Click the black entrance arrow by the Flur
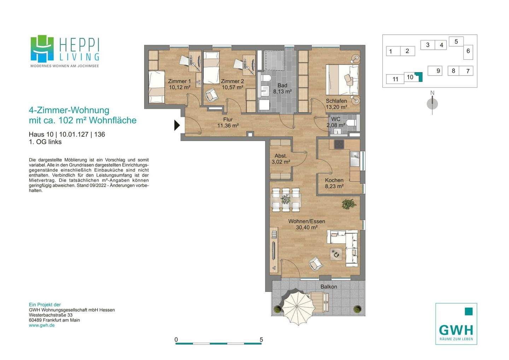click(x=177, y=125)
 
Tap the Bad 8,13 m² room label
click(x=282, y=89)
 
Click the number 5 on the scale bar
click(x=261, y=340)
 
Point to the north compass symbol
click(x=432, y=104)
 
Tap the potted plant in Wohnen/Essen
click(x=349, y=204)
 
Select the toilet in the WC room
click(x=351, y=123)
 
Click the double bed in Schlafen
click(x=342, y=79)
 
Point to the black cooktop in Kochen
click(x=339, y=144)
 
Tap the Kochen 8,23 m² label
click(x=334, y=183)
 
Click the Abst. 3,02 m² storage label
click(x=281, y=159)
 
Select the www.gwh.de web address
click(x=42, y=325)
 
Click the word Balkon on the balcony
click(x=329, y=287)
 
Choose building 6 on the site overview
click(x=468, y=51)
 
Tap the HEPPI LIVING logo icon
click(x=42, y=48)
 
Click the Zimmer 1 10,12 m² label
click(x=179, y=84)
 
